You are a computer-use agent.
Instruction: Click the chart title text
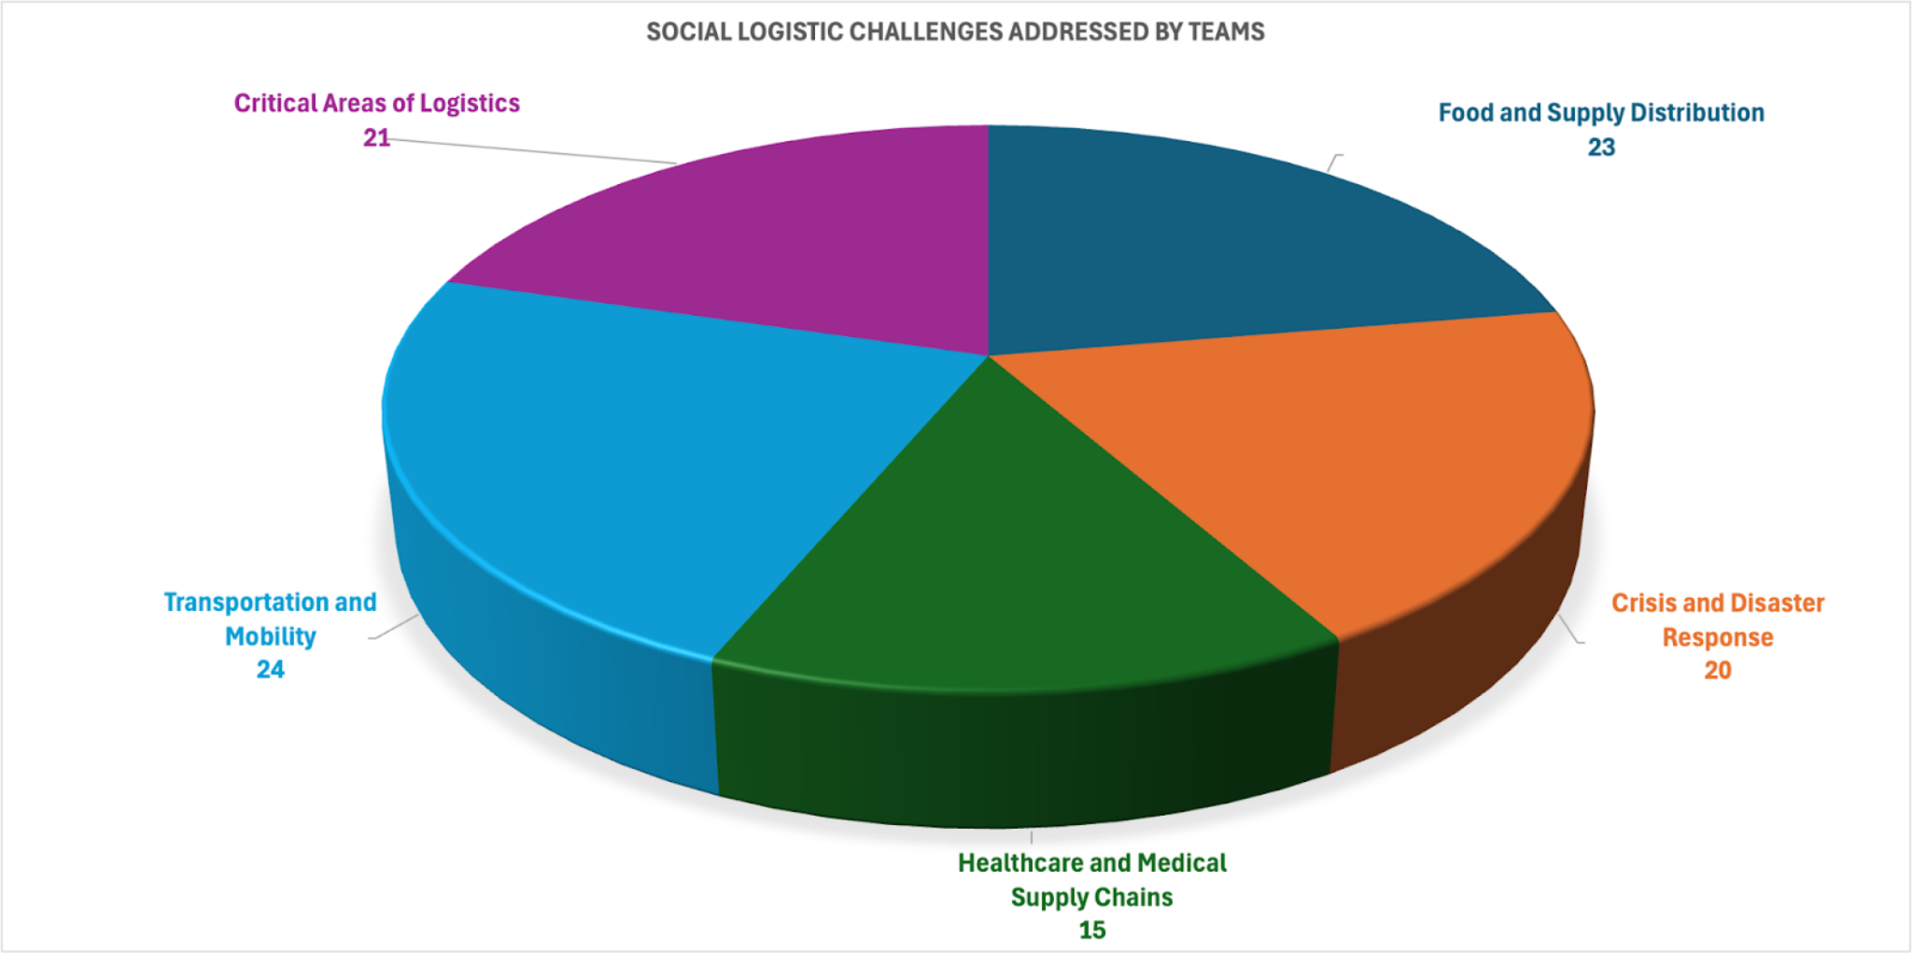tap(955, 32)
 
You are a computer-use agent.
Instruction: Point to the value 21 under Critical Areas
tap(376, 138)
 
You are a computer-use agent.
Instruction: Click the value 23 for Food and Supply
tap(1601, 148)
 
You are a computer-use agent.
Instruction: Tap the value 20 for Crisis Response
tap(1718, 671)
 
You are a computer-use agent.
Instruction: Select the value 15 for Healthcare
tap(1092, 931)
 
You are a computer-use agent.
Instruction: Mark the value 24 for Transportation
tap(271, 670)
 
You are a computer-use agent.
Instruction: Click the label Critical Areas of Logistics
tap(376, 103)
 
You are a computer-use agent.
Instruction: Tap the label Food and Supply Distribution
tap(1601, 113)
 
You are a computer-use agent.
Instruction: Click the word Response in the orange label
tap(1718, 637)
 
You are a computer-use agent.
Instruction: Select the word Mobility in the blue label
tap(271, 636)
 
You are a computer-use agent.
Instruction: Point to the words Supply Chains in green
tap(1092, 897)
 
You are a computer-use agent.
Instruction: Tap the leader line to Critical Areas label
tap(532, 149)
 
